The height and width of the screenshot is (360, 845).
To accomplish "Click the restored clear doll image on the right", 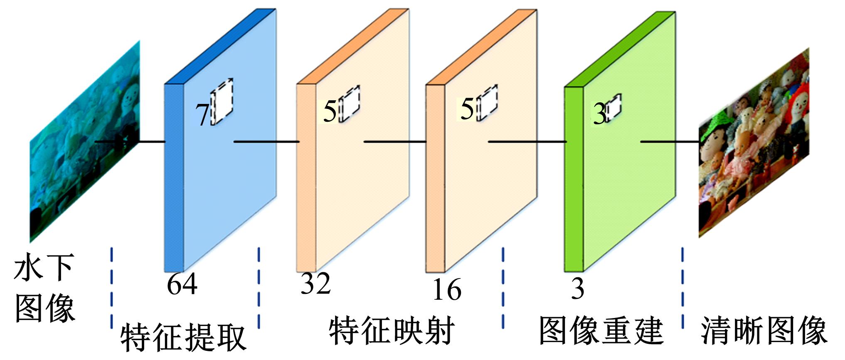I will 753,143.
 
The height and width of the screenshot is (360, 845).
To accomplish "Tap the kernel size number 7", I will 202,115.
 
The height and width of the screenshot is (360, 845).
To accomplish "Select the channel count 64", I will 182,284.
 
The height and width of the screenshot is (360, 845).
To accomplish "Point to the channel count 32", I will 315,284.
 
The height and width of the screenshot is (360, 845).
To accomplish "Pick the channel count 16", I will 447,289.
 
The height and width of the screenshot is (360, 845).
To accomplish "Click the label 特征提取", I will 183,337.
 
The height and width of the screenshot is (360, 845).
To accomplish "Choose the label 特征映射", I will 391,331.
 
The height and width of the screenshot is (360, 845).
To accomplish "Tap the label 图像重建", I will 601,331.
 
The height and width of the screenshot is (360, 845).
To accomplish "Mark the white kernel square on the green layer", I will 613,108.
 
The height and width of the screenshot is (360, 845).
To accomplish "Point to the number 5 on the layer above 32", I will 330,112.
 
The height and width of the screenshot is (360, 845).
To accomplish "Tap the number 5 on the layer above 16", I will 467,110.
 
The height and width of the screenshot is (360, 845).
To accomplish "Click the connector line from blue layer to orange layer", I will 266,142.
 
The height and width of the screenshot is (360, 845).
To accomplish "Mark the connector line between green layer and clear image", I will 669,142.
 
